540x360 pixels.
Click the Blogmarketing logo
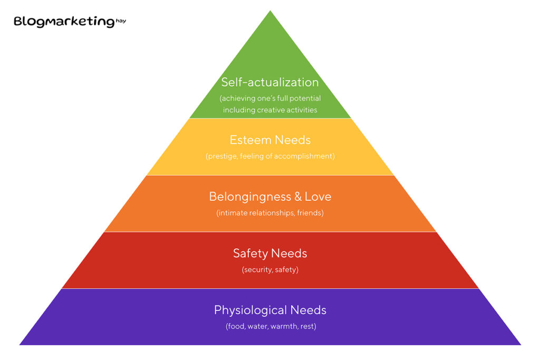pyautogui.click(x=64, y=22)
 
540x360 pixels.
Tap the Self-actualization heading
pyautogui.click(x=270, y=82)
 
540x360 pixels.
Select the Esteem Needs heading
pyautogui.click(x=270, y=140)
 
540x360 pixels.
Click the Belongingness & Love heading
pyautogui.click(x=270, y=197)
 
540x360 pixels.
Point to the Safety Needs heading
pyautogui.click(x=270, y=253)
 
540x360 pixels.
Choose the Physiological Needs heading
pyautogui.click(x=270, y=310)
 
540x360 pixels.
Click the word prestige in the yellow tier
pyautogui.click(x=222, y=157)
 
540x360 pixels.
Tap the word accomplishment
pyautogui.click(x=305, y=157)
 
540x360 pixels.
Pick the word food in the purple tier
pyautogui.click(x=236, y=326)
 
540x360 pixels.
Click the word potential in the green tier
pyautogui.click(x=305, y=99)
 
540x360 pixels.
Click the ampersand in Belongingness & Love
pyautogui.click(x=297, y=197)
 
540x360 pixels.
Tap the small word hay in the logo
pyautogui.click(x=121, y=21)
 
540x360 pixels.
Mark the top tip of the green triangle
pyautogui.click(x=270, y=12)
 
